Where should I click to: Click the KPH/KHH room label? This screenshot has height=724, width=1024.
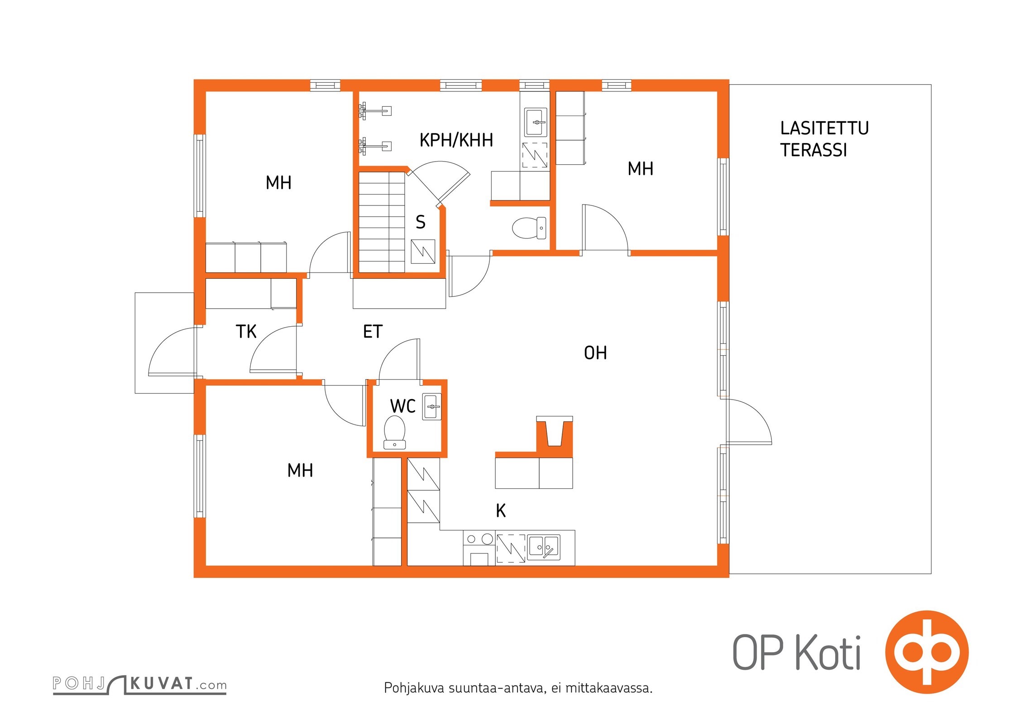pos(456,140)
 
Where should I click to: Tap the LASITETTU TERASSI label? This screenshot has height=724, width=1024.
pos(824,139)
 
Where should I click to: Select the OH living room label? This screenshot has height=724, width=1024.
pos(595,353)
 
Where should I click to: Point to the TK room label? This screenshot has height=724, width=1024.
pos(246,332)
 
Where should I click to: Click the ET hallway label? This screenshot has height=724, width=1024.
pos(373,332)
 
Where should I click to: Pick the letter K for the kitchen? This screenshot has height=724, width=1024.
pos(501,510)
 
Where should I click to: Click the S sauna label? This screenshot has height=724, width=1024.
pos(421,222)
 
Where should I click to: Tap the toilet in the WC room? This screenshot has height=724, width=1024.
pos(394,433)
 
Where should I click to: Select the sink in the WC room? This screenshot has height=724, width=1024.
pos(431,406)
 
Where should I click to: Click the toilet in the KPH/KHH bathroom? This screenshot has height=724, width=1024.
pos(529,228)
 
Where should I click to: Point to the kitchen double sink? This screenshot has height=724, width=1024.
pos(544,548)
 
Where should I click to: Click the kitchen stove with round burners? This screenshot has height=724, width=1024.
pos(479,548)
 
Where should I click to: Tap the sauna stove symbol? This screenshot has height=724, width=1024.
pos(423,252)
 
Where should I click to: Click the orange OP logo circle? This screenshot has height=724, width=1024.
pos(927,652)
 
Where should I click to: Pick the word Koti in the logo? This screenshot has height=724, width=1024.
pos(828,652)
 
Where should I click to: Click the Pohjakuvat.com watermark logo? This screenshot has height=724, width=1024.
pos(139,684)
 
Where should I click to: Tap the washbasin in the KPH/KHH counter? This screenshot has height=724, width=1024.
pos(536,122)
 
